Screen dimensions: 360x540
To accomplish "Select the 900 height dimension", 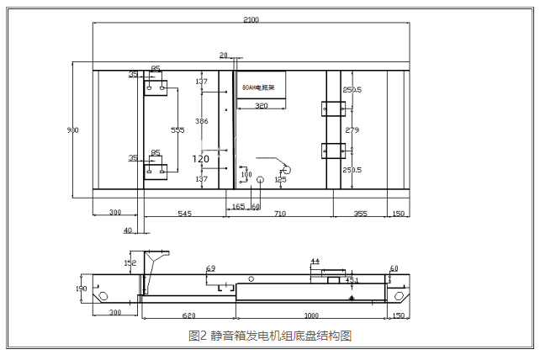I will pyautogui.click(x=74, y=130).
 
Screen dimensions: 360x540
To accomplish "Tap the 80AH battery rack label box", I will pyautogui.click(x=258, y=86).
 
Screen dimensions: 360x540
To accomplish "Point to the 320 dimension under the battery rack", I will pyautogui.click(x=261, y=106).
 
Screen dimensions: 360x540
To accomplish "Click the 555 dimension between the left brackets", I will pyautogui.click(x=177, y=130).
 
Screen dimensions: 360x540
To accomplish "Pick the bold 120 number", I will pyautogui.click(x=201, y=158).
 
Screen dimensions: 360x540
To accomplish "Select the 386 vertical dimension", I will pyautogui.click(x=201, y=122).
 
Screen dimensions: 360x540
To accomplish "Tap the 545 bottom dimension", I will pyautogui.click(x=184, y=214).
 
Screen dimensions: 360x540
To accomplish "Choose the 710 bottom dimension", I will pyautogui.click(x=278, y=214).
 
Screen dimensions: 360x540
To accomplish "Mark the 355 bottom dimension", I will pyautogui.click(x=360, y=214).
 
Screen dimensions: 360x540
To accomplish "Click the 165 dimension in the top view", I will pyautogui.click(x=237, y=205).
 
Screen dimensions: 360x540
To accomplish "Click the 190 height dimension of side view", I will pyautogui.click(x=82, y=289).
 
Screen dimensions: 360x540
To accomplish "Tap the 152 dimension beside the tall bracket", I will pyautogui.click(x=130, y=262).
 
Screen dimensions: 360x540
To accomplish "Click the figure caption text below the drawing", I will pyautogui.click(x=270, y=336).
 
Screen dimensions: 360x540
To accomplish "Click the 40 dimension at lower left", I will pyautogui.click(x=128, y=230).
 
